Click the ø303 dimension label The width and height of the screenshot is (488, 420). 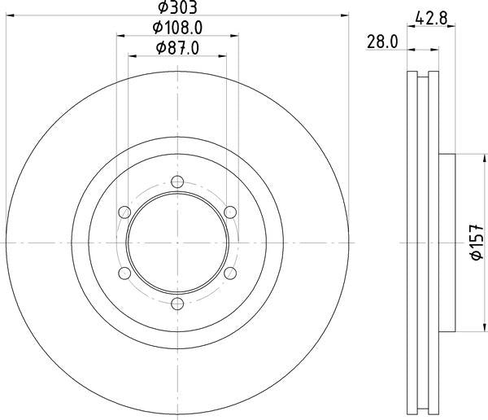[x=177, y=7]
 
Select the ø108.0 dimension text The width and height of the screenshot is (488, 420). [x=177, y=28]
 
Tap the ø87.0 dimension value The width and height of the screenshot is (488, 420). [x=177, y=49]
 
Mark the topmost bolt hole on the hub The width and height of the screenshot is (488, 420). [x=177, y=182]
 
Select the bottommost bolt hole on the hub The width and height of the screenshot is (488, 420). [x=177, y=304]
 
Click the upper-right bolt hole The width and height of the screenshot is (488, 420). [x=230, y=212]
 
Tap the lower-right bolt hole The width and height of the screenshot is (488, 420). [x=230, y=273]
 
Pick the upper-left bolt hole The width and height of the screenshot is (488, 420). [x=124, y=212]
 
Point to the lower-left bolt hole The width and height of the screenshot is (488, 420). [x=124, y=273]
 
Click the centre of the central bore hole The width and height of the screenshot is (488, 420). [x=177, y=243]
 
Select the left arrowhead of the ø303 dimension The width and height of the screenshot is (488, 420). [x=10, y=15]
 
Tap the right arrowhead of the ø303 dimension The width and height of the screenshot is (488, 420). [x=345, y=15]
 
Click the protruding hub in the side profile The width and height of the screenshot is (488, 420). [x=446, y=243]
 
